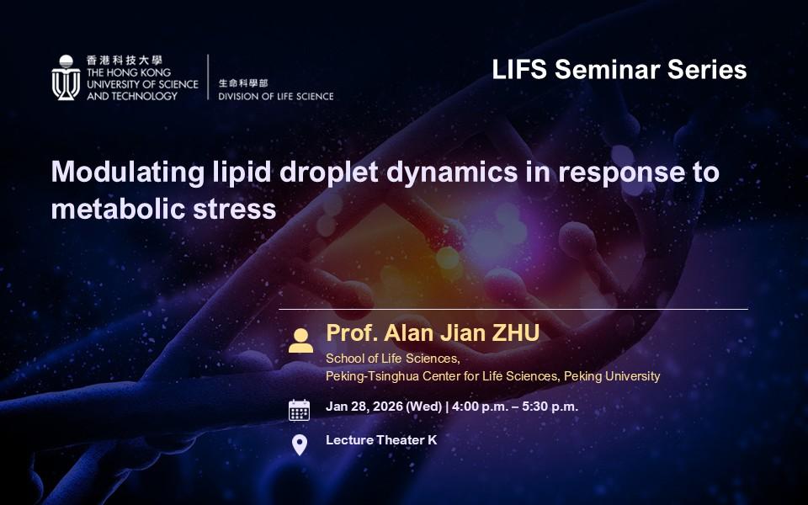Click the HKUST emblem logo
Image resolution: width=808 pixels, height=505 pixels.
(x=66, y=77)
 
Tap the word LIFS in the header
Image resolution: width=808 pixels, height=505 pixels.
(x=519, y=70)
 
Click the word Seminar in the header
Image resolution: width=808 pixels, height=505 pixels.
(x=607, y=70)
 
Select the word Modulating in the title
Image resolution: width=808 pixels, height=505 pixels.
(x=128, y=173)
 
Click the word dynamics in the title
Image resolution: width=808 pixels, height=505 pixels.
(x=452, y=173)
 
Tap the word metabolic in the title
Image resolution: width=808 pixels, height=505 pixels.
(x=118, y=210)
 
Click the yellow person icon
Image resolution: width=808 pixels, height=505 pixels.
(x=301, y=341)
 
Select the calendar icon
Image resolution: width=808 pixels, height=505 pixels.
(x=300, y=410)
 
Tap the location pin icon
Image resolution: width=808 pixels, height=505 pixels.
(x=300, y=444)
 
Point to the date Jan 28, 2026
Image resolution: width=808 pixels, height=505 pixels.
(x=364, y=407)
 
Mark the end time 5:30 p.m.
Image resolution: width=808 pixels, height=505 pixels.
(x=550, y=407)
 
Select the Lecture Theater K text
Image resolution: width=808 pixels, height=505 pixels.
(x=381, y=440)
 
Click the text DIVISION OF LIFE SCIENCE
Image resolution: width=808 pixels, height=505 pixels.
(x=276, y=96)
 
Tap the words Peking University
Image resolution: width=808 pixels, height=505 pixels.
(x=612, y=377)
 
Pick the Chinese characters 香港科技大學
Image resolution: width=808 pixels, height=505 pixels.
(x=125, y=60)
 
